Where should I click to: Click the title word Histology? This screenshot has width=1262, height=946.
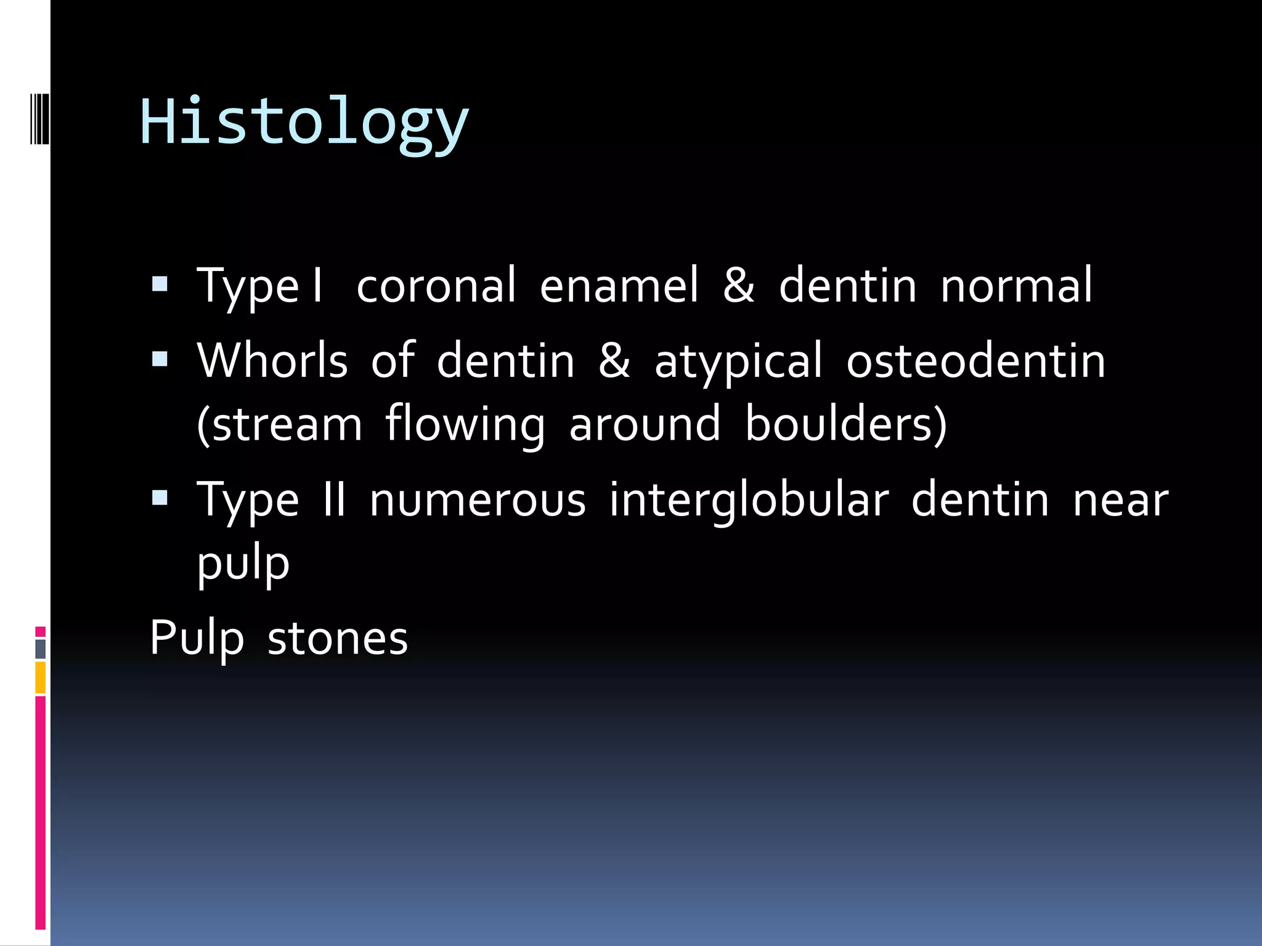304,122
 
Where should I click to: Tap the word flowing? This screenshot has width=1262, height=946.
465,425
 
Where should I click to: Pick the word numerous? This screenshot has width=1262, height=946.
478,500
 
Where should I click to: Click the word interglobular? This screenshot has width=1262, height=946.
749,500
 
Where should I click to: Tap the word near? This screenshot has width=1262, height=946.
1120,500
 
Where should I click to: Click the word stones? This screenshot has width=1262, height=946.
338,638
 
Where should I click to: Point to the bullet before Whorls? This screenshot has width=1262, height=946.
160,359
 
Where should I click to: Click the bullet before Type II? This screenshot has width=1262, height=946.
160,498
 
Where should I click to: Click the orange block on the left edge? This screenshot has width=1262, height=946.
40,677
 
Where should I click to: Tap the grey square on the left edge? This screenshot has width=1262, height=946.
40,649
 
